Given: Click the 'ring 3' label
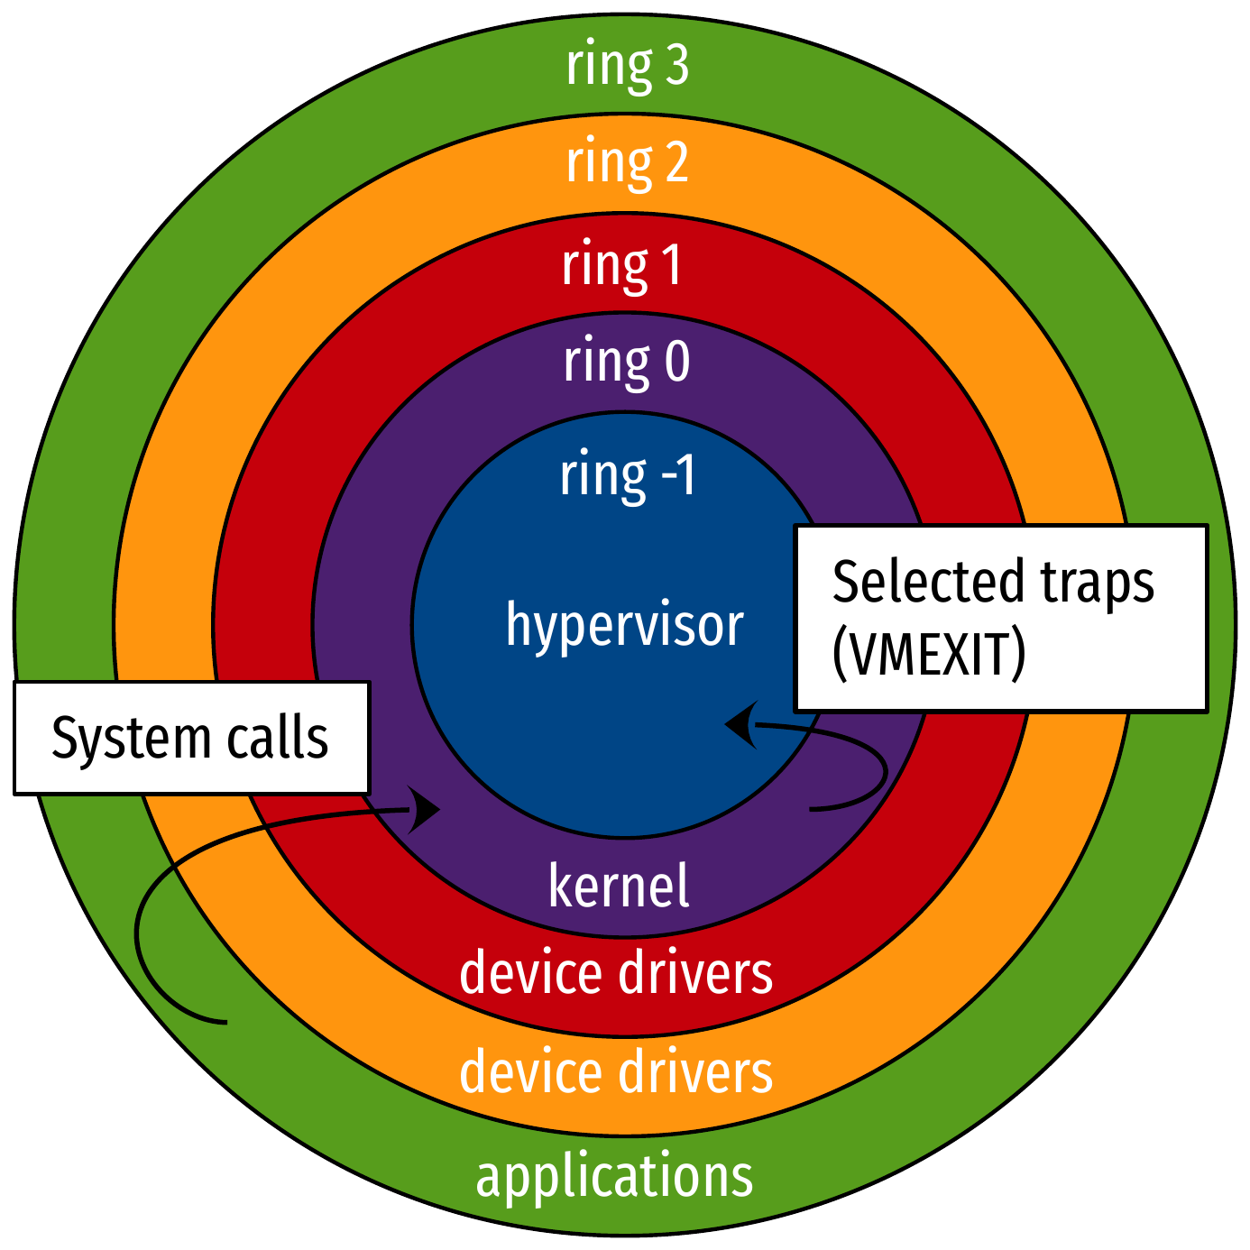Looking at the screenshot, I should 627,67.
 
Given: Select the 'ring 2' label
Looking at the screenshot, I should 627,163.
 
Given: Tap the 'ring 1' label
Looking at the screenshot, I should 622,266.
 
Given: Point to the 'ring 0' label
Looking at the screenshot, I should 627,363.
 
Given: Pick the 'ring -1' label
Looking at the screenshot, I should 628,475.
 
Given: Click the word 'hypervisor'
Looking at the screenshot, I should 624,625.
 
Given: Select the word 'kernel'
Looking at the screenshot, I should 619,886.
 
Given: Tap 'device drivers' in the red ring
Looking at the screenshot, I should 616,973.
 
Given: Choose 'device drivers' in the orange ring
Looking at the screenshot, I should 616,1072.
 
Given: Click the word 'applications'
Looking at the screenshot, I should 614,1177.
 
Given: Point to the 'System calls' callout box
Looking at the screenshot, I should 191,739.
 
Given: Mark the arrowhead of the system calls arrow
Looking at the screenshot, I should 424,809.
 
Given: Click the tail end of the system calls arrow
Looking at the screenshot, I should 223,1022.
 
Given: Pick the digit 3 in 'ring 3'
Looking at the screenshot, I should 676,67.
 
